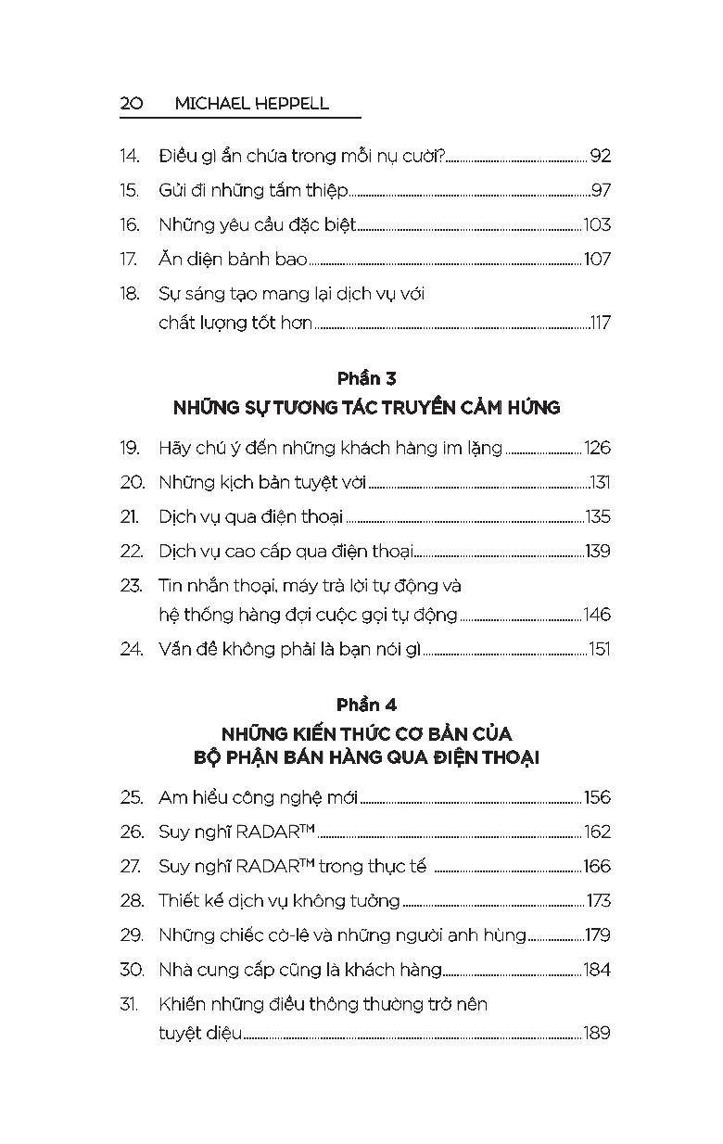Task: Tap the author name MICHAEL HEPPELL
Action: (251, 103)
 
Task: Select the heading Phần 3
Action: (366, 378)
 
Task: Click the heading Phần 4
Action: (366, 705)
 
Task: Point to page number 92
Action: (600, 156)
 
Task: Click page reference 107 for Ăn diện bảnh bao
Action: (597, 259)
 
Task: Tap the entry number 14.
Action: (130, 156)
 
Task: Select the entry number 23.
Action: (131, 585)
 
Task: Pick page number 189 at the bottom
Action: (596, 1032)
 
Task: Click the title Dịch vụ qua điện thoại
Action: (250, 516)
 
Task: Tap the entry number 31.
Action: (129, 1003)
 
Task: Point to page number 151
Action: (599, 649)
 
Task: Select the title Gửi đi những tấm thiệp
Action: (253, 190)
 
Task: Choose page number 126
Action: (597, 448)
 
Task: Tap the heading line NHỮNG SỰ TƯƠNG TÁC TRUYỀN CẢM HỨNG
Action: (366, 407)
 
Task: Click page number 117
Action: (600, 323)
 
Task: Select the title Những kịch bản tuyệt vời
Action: (262, 482)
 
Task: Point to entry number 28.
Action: (132, 900)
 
